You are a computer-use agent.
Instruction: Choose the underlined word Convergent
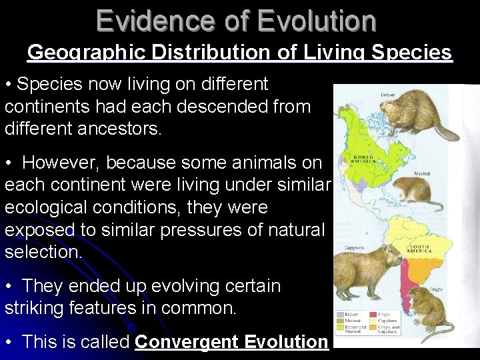point(186,342)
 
